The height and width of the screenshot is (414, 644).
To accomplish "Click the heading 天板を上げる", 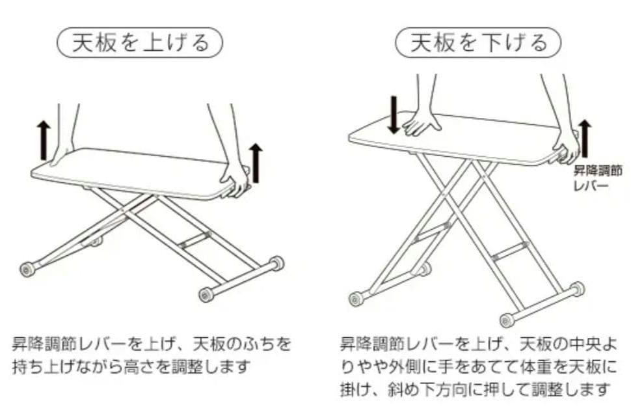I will (x=141, y=43).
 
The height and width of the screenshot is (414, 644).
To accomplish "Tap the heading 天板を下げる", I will (x=478, y=43).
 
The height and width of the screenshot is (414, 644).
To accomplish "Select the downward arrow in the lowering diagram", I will (x=393, y=115).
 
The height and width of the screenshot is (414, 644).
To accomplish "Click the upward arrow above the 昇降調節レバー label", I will (x=584, y=139).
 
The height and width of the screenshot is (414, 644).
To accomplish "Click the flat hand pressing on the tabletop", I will (x=422, y=124).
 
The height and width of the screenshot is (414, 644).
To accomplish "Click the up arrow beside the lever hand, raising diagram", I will (x=256, y=163).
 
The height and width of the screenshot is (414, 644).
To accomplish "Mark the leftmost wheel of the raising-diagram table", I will (x=28, y=269).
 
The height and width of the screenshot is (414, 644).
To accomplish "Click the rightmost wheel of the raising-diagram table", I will (x=277, y=263).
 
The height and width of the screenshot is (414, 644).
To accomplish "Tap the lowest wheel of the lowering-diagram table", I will (x=507, y=320).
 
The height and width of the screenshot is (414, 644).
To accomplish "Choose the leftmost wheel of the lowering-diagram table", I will (x=356, y=299).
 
